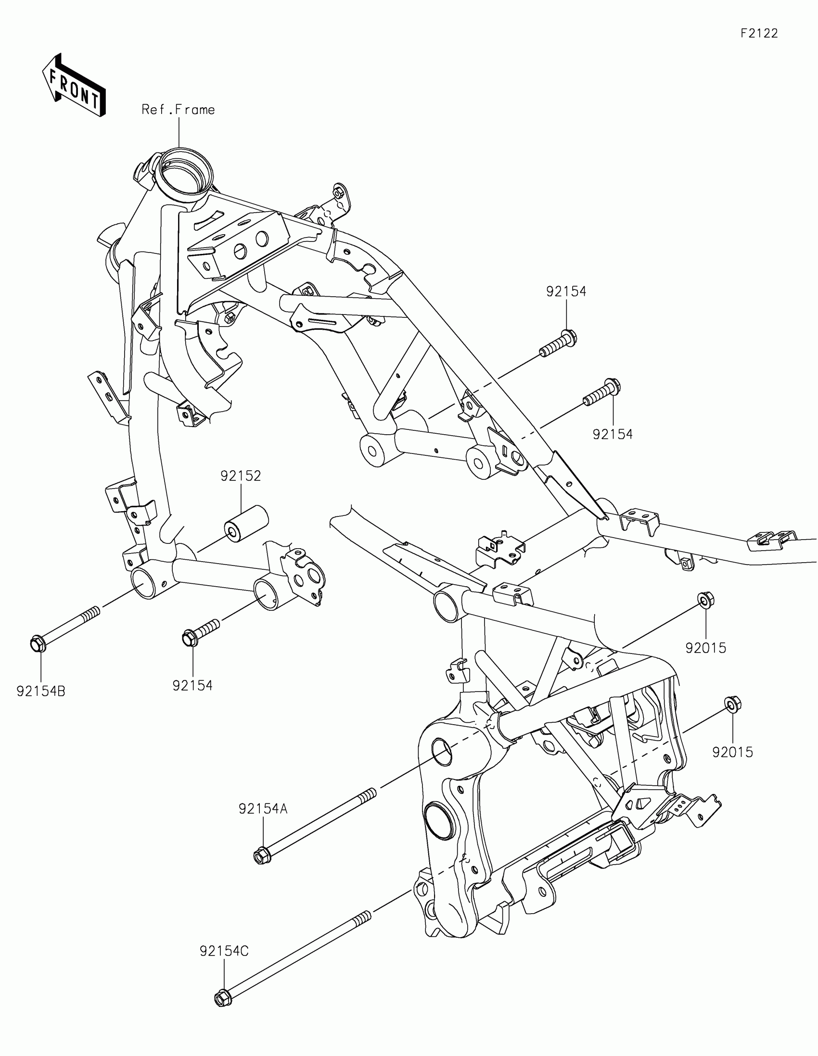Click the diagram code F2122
759,33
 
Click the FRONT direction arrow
74,87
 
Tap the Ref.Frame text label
178,110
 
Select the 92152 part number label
241,476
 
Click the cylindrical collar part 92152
245,525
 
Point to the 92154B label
40,691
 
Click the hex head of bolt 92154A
262,857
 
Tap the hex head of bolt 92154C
222,997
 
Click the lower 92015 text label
732,753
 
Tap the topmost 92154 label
566,291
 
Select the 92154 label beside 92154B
192,686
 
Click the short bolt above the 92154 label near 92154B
200,632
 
